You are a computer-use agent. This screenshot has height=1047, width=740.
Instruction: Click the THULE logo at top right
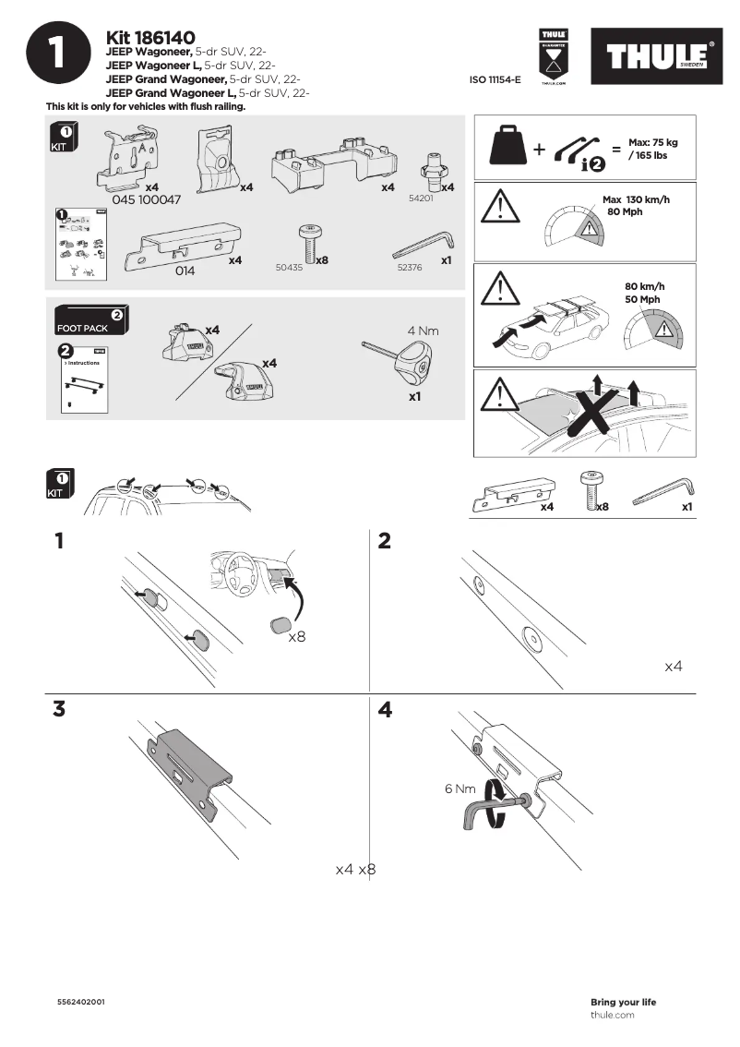point(657,57)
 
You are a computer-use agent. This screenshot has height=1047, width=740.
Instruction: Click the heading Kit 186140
point(150,38)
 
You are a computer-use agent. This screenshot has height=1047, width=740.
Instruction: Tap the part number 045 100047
point(147,199)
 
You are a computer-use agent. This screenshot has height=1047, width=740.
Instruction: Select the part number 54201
point(421,199)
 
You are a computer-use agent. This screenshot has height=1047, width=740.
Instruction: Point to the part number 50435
point(289,267)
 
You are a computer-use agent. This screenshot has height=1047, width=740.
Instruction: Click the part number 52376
point(410,267)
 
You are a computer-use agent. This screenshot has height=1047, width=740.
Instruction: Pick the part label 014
point(186,271)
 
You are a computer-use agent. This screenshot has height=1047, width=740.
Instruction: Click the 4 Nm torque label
point(423,330)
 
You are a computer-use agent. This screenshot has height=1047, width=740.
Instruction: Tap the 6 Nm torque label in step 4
point(460,789)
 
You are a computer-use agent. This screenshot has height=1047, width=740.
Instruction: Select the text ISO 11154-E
point(495,81)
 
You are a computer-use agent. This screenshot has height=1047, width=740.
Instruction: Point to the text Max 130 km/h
point(636,199)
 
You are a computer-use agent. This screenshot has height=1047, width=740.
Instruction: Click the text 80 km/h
point(644,286)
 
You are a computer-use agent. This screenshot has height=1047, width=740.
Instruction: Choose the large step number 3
point(59,709)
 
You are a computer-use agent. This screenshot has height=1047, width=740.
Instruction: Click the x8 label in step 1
point(297,637)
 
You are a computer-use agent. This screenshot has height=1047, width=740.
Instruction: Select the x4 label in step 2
point(674,665)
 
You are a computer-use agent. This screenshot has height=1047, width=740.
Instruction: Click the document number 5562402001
point(80,1002)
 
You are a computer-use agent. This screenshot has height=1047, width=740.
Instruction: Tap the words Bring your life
point(623,1002)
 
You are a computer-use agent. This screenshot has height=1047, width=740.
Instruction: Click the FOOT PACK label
point(82,328)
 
